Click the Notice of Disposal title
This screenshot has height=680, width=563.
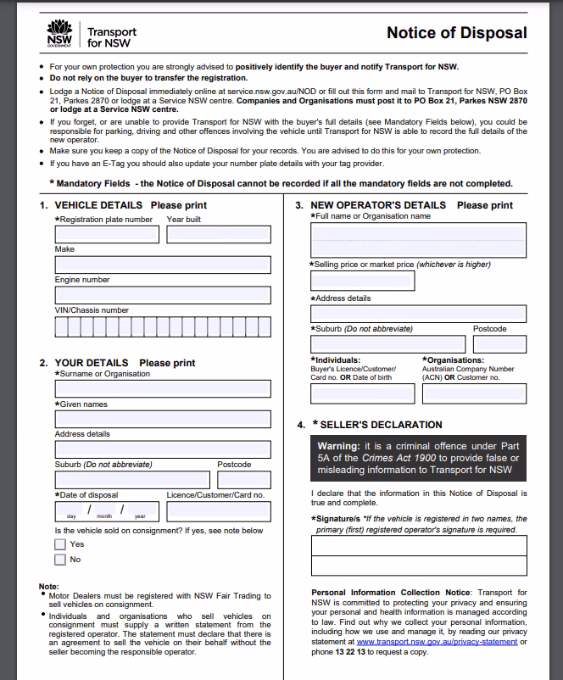click(x=456, y=33)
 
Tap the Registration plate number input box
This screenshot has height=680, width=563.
click(x=107, y=235)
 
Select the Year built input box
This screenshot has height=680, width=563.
click(x=219, y=235)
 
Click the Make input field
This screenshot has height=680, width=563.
click(x=163, y=265)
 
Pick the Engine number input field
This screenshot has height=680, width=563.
click(x=163, y=295)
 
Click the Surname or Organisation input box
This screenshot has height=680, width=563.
click(x=163, y=388)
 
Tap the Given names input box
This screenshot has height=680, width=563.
click(x=163, y=419)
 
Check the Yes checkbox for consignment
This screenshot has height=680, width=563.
click(x=60, y=544)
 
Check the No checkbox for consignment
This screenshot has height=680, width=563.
click(x=60, y=560)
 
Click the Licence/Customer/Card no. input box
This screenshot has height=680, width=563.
click(x=219, y=511)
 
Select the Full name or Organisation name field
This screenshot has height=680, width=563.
click(x=419, y=241)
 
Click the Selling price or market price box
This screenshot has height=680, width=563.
click(x=363, y=281)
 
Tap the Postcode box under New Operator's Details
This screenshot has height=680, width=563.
click(x=499, y=344)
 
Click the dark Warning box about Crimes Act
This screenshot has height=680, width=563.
click(x=419, y=458)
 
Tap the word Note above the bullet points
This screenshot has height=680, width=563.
click(x=48, y=587)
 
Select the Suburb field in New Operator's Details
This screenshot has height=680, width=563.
click(x=387, y=344)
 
